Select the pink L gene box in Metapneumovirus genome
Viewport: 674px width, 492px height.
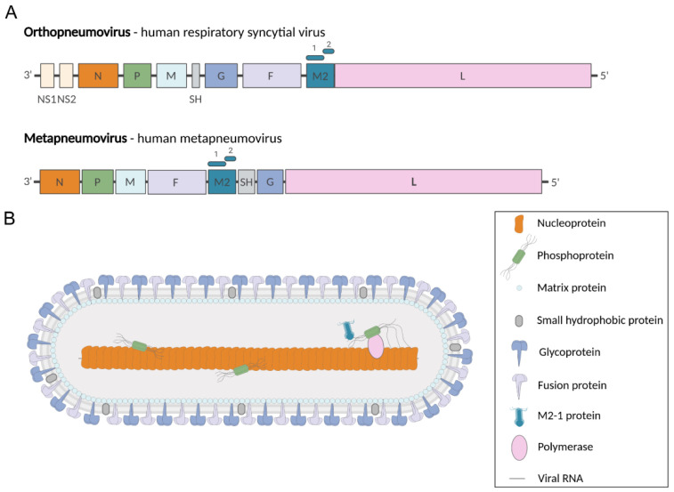pos(413,181)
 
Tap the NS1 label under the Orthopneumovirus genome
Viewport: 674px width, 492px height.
pos(47,99)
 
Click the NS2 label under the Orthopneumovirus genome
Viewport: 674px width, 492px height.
pos(67,99)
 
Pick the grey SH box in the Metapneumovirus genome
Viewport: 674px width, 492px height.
pos(246,181)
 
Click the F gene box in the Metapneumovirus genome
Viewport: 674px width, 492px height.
pos(176,181)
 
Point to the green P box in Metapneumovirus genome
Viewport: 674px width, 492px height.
pos(97,181)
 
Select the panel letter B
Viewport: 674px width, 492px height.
pos(10,216)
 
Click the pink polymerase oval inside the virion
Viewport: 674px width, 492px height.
pos(375,345)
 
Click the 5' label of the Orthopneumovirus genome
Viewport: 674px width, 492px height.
pos(605,76)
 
